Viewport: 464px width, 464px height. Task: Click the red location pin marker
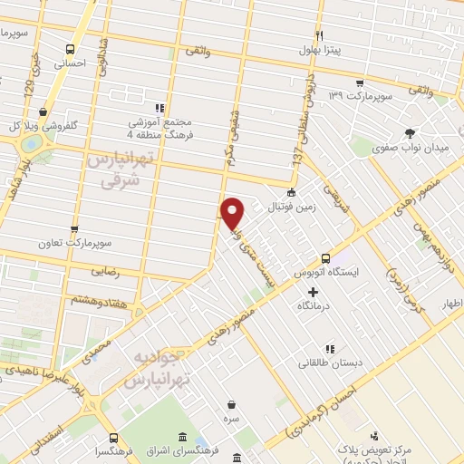(x=233, y=212)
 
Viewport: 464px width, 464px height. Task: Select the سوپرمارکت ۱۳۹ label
(x=360, y=94)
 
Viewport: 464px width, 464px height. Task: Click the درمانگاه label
(x=314, y=307)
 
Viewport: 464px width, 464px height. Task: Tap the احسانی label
(x=70, y=64)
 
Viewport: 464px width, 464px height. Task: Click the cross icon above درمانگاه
(x=314, y=292)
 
